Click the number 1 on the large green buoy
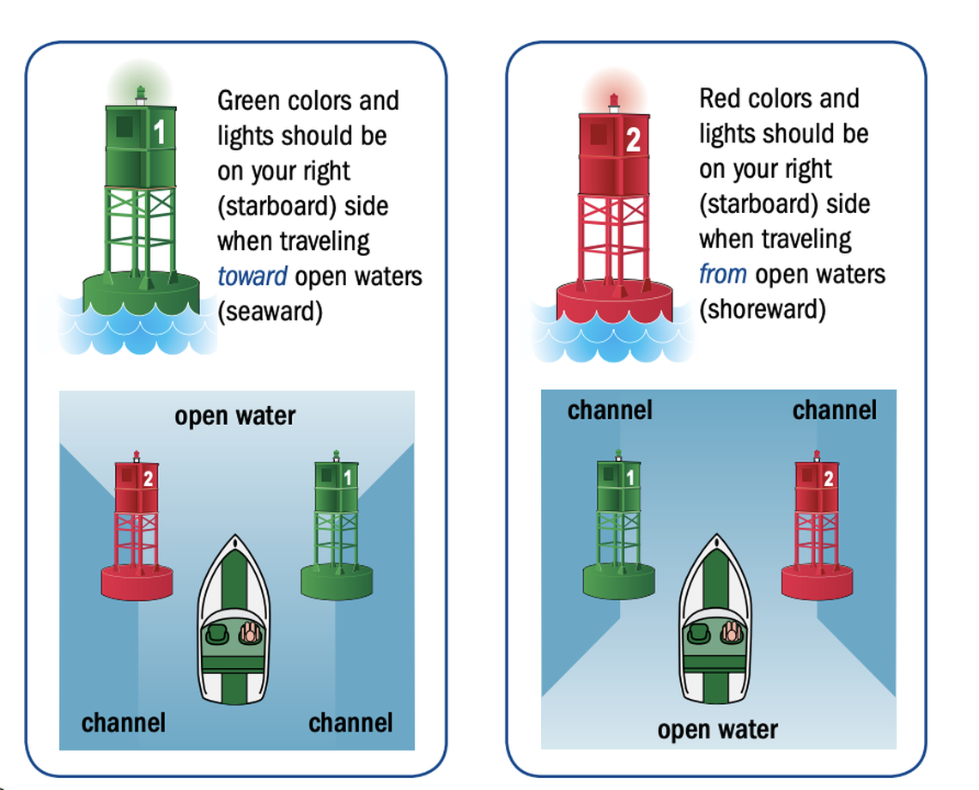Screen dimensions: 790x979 pyautogui.click(x=159, y=132)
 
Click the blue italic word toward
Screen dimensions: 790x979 pyautogui.click(x=252, y=276)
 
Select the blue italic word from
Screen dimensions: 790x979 pyautogui.click(x=723, y=275)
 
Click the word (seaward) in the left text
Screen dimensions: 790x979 pyautogui.click(x=271, y=312)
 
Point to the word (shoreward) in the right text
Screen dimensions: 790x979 pyautogui.click(x=763, y=310)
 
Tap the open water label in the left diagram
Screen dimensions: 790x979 pyautogui.click(x=234, y=416)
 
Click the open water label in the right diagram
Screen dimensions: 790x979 pyautogui.click(x=717, y=730)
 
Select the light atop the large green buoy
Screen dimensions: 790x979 pyautogui.click(x=141, y=93)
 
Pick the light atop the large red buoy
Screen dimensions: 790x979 pyautogui.click(x=614, y=102)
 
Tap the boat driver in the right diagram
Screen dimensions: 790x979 pyautogui.click(x=732, y=633)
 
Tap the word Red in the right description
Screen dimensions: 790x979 pyautogui.click(x=724, y=99)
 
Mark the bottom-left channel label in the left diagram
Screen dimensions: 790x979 pyautogui.click(x=124, y=723)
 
